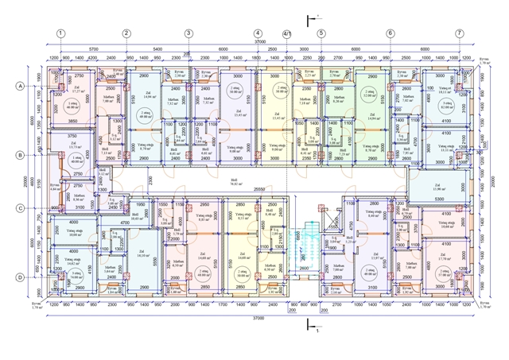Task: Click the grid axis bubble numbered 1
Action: pyautogui.click(x=60, y=33)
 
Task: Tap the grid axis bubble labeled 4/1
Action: pyautogui.click(x=287, y=33)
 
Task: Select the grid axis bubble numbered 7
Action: pyautogui.click(x=459, y=33)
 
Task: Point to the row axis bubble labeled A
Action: pyautogui.click(x=20, y=86)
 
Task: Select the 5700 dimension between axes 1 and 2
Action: pyautogui.click(x=93, y=48)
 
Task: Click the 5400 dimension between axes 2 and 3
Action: pyautogui.click(x=157, y=48)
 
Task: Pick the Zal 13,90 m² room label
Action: pyautogui.click(x=439, y=188)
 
